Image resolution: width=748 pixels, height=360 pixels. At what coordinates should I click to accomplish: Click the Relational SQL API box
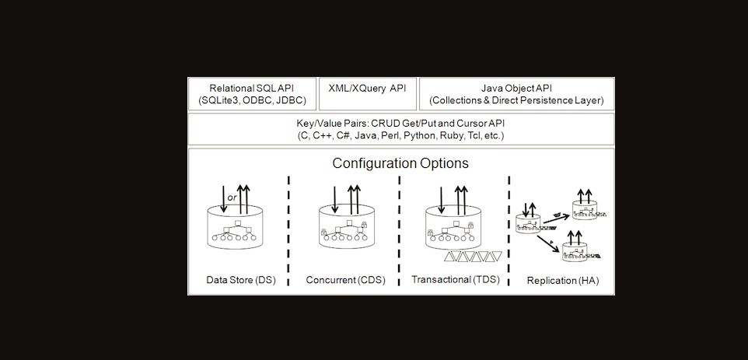[252, 93]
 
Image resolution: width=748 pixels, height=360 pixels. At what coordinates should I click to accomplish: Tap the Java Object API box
[516, 93]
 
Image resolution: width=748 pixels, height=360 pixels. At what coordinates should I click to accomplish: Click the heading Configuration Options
[400, 164]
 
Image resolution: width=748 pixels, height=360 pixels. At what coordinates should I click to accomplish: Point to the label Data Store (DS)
[240, 280]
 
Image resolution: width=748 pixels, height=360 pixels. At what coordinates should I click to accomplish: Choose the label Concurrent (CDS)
[344, 280]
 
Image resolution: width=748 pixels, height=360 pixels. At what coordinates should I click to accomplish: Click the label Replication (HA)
[558, 280]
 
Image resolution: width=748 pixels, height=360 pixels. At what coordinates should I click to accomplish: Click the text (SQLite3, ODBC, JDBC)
[252, 100]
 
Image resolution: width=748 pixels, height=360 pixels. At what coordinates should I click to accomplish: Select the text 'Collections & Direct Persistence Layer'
[516, 100]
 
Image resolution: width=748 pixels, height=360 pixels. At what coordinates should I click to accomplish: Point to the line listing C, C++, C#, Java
[400, 135]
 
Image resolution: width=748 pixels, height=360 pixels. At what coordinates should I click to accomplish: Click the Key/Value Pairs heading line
[400, 124]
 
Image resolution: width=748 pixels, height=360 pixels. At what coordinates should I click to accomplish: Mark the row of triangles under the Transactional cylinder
[469, 257]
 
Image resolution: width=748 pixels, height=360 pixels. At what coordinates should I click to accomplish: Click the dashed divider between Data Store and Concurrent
[288, 229]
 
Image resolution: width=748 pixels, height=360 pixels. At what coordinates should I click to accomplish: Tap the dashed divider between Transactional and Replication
[509, 229]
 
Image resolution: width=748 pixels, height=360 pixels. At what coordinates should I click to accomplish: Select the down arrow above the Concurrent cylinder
[334, 197]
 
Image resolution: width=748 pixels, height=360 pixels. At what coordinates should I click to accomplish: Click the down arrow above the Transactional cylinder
[440, 197]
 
